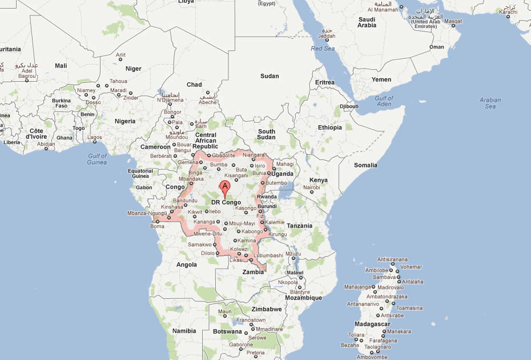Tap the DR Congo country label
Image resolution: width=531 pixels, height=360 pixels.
tap(226, 202)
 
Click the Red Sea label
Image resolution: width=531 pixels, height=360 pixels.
tap(323, 49)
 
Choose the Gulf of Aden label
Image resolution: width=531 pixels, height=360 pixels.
tap(384, 101)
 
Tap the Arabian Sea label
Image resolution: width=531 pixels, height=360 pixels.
tap(490, 103)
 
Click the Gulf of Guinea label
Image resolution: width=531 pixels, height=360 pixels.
tap(97, 159)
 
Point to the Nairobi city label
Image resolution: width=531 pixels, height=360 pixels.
tap(312, 187)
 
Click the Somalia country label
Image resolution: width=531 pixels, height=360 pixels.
tap(365, 165)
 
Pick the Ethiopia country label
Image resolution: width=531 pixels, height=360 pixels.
tap(330, 127)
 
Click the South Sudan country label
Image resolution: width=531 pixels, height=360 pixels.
tap(266, 134)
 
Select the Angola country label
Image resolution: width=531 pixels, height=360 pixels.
tap(186, 265)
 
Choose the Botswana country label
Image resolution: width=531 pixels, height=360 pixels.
tap(228, 331)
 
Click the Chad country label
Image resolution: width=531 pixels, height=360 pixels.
tap(194, 85)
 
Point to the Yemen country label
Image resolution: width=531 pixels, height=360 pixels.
tap(381, 79)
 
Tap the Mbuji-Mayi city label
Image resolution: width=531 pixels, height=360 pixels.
tap(242, 223)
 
